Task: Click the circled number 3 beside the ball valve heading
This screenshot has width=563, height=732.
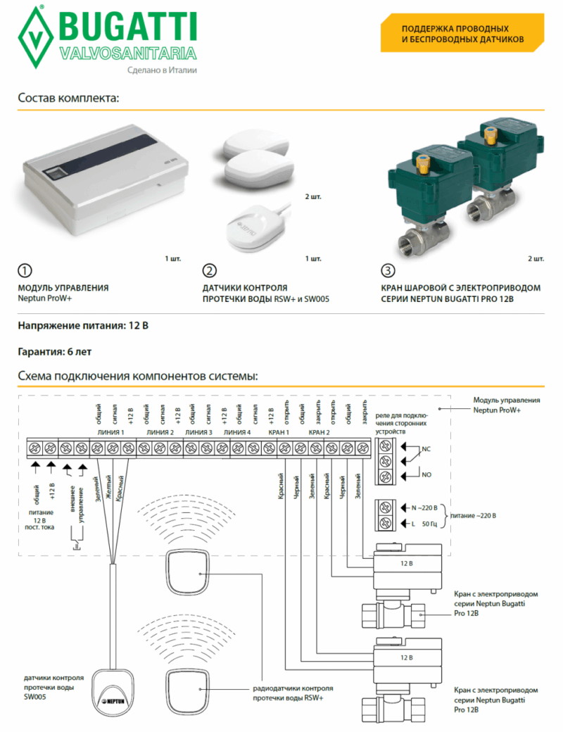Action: (388, 271)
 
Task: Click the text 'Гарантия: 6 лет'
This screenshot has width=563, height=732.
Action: (54, 351)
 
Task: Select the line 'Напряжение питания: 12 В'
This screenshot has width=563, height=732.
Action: (83, 326)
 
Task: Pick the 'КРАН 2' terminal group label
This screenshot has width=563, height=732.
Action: (320, 432)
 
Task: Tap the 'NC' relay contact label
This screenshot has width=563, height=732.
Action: (426, 449)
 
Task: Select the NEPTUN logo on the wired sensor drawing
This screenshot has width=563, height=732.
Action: (113, 700)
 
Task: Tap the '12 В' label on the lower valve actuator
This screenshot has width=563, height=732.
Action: (406, 657)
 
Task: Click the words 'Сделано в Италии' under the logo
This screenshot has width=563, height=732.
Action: (162, 70)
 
